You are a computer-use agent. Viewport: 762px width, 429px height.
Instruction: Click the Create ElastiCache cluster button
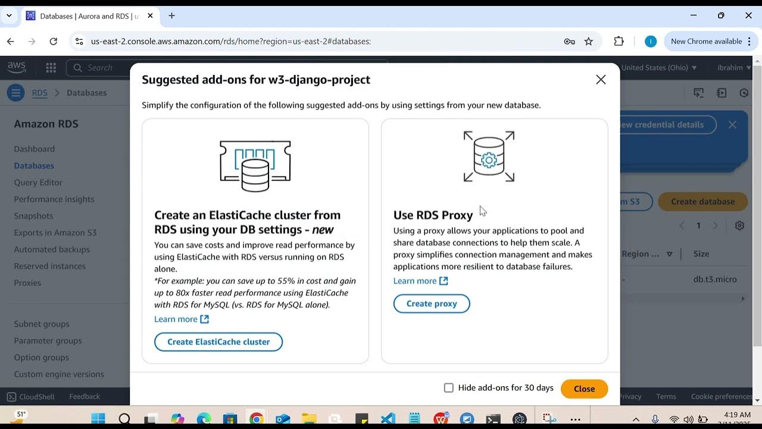click(x=218, y=341)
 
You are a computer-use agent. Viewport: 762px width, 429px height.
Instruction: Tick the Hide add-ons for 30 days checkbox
click(x=449, y=388)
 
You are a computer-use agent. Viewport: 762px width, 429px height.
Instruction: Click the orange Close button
click(x=584, y=388)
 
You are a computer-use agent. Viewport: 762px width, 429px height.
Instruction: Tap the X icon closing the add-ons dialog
click(x=601, y=80)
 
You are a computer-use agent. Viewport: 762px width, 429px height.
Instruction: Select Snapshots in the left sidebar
click(x=33, y=216)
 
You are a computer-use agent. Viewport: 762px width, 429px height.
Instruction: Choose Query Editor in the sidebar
click(x=38, y=182)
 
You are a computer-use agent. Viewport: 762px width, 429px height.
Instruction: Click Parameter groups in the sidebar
click(x=48, y=341)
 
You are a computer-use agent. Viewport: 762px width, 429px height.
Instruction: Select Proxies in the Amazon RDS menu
click(x=27, y=282)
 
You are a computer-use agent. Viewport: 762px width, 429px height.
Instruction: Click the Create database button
click(x=702, y=201)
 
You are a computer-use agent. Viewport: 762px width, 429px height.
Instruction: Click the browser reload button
click(x=54, y=41)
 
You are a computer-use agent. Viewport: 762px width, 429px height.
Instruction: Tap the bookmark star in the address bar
click(x=589, y=41)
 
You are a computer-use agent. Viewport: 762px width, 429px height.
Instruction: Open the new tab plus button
click(x=171, y=15)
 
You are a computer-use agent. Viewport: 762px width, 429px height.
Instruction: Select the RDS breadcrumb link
click(x=39, y=93)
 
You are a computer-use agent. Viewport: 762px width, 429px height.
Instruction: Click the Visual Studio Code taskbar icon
click(x=388, y=419)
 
